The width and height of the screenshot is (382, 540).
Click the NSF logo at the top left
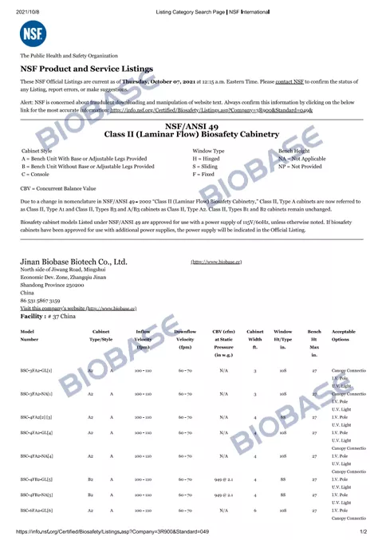click(30, 34)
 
